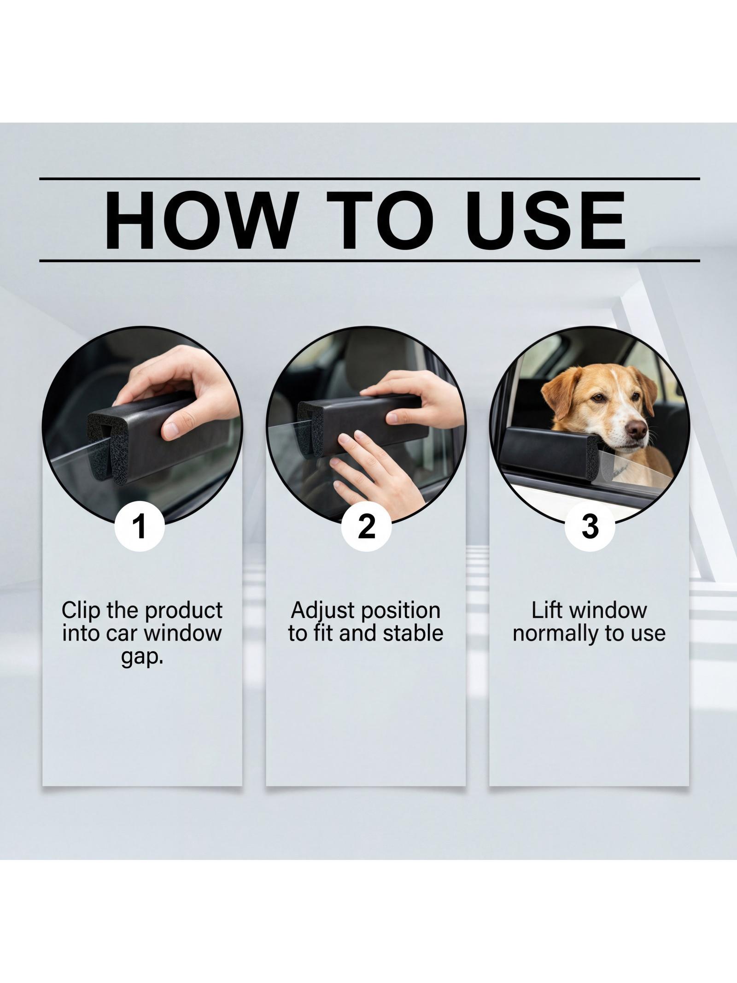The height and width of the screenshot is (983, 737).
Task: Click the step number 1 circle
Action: [x=139, y=527]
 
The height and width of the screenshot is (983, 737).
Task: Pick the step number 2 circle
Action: [x=366, y=527]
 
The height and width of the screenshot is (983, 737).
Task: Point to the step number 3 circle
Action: [x=590, y=527]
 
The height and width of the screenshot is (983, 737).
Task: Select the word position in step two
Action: [x=400, y=612]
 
